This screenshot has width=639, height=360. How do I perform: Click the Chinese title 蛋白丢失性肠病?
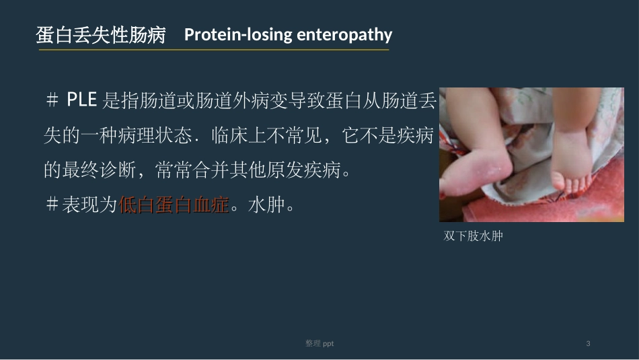(101, 36)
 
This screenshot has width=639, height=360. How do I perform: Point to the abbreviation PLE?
(82, 102)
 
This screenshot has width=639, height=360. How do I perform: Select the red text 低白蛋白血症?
(175, 205)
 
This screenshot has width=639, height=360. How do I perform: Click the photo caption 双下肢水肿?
(474, 236)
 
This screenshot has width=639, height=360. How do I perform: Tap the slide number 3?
(589, 344)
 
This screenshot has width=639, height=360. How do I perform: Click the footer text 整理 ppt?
(319, 344)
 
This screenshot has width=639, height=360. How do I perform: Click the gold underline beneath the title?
(214, 50)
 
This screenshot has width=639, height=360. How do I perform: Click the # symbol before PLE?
(52, 102)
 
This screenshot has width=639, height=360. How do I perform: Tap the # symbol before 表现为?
(52, 205)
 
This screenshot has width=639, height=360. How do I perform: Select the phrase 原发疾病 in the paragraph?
(312, 170)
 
